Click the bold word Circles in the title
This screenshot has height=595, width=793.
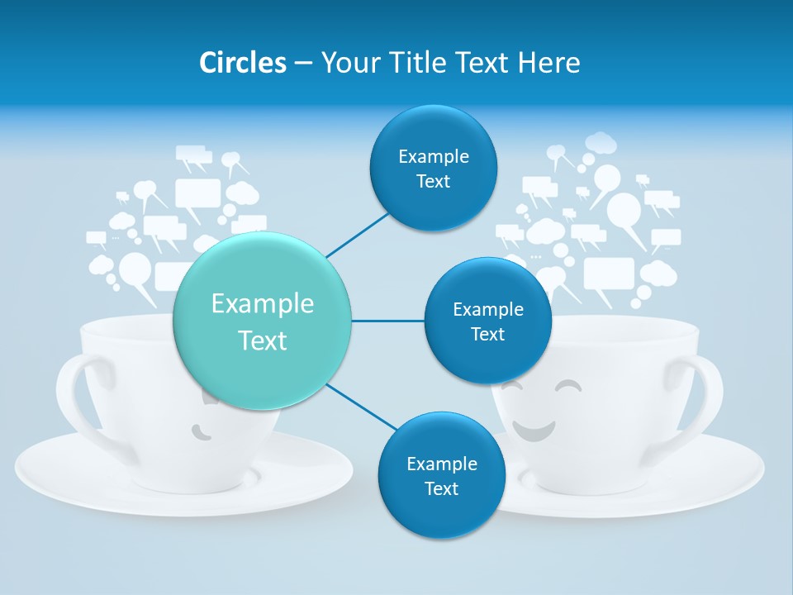pyautogui.click(x=243, y=63)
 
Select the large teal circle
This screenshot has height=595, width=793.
pyautogui.click(x=262, y=321)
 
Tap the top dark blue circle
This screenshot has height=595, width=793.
pyautogui.click(x=433, y=169)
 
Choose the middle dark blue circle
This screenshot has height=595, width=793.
pyautogui.click(x=487, y=321)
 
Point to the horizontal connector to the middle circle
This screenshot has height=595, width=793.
pyautogui.click(x=387, y=321)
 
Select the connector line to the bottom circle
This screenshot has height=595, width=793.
pyautogui.click(x=360, y=407)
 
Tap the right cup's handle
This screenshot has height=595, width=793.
pyautogui.click(x=707, y=397)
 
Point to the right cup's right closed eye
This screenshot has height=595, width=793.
pyautogui.click(x=569, y=387)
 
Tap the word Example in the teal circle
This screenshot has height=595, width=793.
pyautogui.click(x=262, y=304)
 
